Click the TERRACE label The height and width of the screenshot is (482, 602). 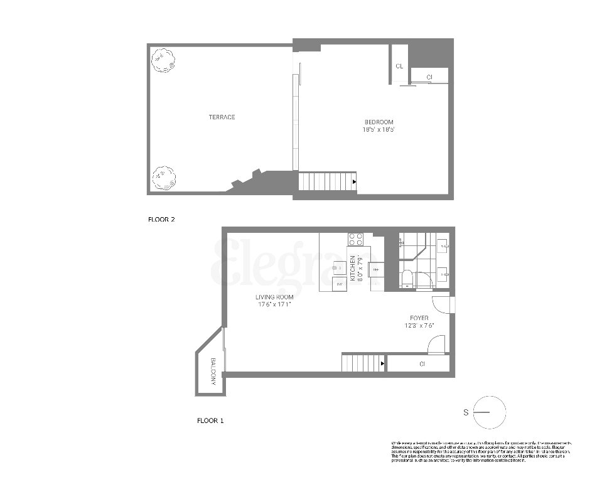222,117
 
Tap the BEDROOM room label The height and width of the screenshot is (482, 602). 379,122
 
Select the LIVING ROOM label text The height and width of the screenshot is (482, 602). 274,297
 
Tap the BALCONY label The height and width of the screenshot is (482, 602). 214,372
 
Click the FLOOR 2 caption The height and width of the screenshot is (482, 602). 161,220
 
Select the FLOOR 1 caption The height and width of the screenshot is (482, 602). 210,420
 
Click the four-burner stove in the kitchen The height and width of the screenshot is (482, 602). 356,240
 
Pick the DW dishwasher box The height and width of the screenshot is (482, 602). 340,284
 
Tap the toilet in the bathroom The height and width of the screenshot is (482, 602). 406,277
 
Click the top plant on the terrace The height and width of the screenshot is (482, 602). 163,62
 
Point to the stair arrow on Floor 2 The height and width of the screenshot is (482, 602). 355,182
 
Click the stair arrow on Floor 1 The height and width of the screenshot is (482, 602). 382,363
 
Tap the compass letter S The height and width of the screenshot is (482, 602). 466,412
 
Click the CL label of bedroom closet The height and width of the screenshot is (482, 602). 399,66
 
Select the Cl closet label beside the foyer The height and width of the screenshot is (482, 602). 422,363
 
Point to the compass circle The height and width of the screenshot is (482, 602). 490,412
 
